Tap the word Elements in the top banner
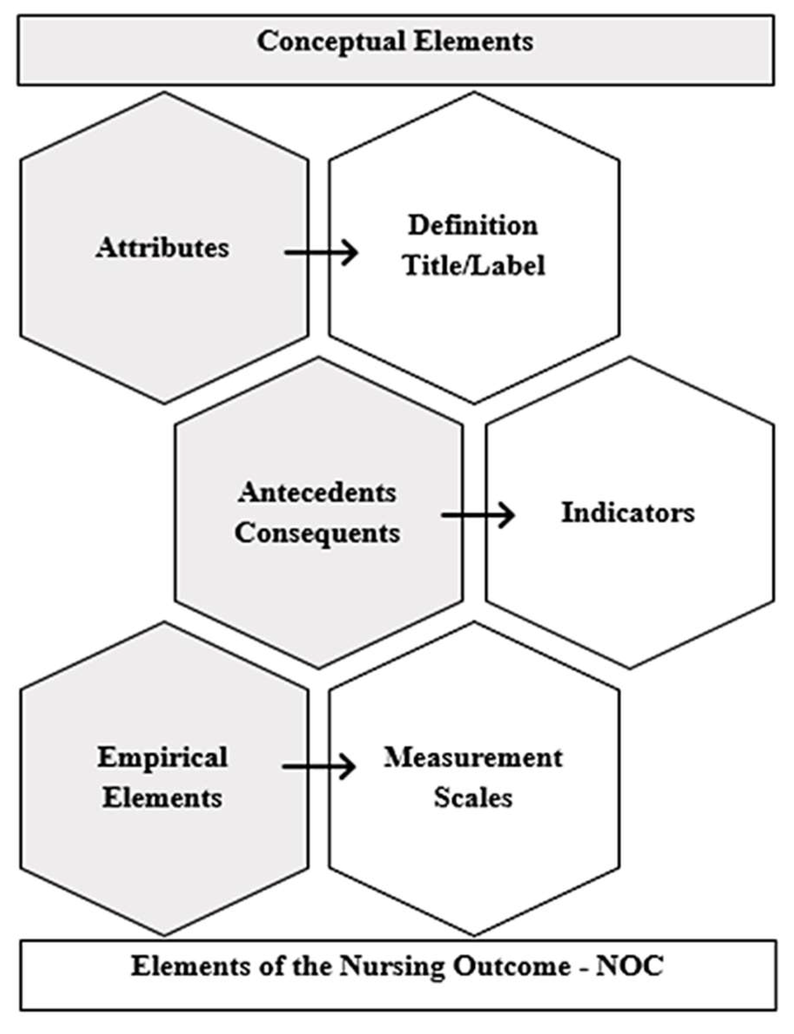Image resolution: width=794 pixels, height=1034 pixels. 474,42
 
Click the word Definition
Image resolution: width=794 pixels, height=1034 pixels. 473,225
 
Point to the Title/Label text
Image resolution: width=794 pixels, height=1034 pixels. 474,265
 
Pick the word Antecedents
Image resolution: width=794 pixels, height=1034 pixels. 317,493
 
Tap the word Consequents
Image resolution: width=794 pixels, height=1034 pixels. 317,533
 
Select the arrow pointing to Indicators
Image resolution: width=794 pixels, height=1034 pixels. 478,515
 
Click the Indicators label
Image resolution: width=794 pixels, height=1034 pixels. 628,513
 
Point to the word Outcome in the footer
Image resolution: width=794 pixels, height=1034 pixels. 512,966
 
